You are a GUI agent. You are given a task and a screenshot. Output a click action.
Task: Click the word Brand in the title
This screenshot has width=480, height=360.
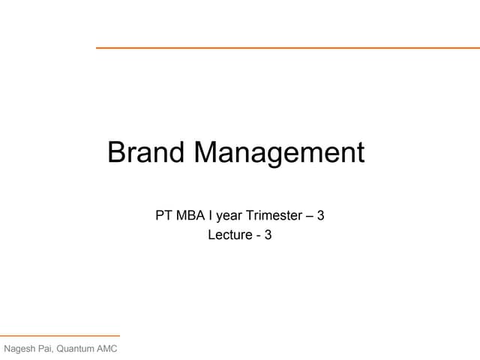pyautogui.click(x=147, y=152)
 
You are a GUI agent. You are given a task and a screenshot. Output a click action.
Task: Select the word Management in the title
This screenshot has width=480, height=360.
pyautogui.click(x=280, y=153)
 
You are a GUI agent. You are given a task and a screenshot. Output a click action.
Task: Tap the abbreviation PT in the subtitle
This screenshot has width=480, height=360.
pyautogui.click(x=163, y=216)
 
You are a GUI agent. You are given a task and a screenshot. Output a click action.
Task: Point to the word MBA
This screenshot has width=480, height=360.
pyautogui.click(x=190, y=216)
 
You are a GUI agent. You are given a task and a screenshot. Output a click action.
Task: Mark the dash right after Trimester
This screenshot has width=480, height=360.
pyautogui.click(x=310, y=217)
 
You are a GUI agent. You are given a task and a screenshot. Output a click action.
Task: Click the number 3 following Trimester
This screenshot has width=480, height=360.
pyautogui.click(x=321, y=216)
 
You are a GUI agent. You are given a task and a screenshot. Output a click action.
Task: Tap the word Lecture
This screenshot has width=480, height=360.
pyautogui.click(x=230, y=235)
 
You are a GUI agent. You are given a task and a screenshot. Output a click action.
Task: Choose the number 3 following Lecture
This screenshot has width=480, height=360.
pyautogui.click(x=268, y=235)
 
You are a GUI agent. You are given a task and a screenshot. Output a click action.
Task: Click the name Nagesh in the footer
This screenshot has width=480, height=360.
pyautogui.click(x=20, y=349)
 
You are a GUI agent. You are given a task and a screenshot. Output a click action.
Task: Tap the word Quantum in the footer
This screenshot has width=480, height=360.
pyautogui.click(x=79, y=349)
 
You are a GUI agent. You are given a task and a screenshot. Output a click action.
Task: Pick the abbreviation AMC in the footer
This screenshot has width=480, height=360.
pyautogui.click(x=107, y=349)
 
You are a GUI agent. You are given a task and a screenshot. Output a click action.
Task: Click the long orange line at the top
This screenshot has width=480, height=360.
pyautogui.click(x=287, y=48)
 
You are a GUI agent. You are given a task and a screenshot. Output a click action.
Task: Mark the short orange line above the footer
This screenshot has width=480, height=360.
pyautogui.click(x=60, y=336)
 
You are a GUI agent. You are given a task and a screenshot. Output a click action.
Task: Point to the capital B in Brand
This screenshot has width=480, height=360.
pyautogui.click(x=116, y=152)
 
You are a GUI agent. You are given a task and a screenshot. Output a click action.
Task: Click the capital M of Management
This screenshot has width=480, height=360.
pyautogui.click(x=208, y=152)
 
